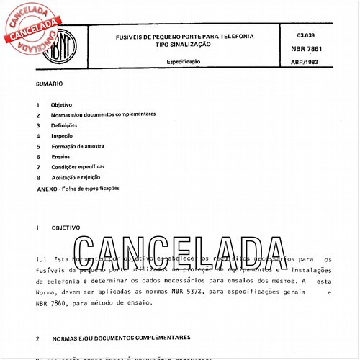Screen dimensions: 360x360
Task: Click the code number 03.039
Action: pyautogui.click(x=305, y=35)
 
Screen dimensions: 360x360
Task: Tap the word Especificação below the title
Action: pyautogui.click(x=184, y=63)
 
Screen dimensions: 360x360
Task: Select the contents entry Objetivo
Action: pyautogui.click(x=61, y=105)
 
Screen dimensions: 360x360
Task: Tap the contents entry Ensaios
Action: pyautogui.click(x=61, y=156)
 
